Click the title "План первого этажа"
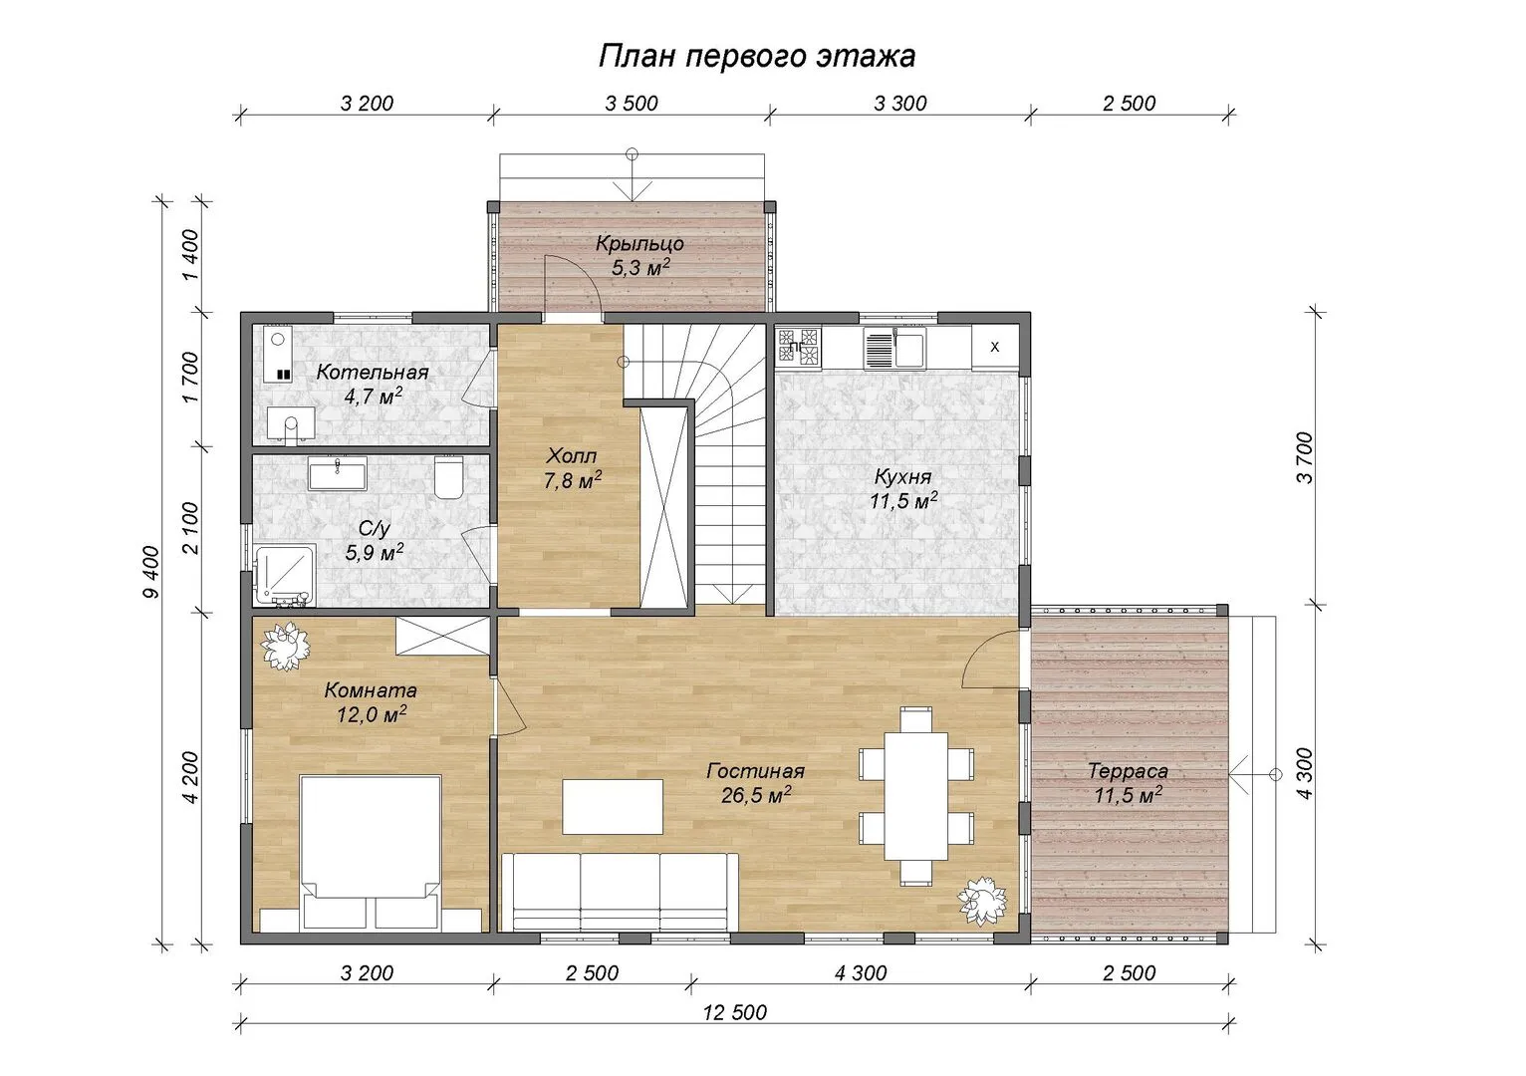(x=757, y=57)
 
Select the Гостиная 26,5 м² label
(x=755, y=782)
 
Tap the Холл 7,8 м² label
(x=572, y=468)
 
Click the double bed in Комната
(x=371, y=853)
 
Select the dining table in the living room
(x=916, y=796)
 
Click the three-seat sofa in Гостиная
(x=620, y=892)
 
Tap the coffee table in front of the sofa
(x=613, y=807)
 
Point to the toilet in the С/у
(x=449, y=477)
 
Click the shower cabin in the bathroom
(x=285, y=575)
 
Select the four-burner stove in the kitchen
(x=799, y=346)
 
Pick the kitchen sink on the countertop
(x=893, y=348)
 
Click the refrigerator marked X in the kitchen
(x=995, y=347)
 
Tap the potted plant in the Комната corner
(x=286, y=646)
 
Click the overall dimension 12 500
(x=735, y=1012)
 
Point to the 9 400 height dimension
(x=151, y=573)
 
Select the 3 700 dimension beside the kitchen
(x=1304, y=457)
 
